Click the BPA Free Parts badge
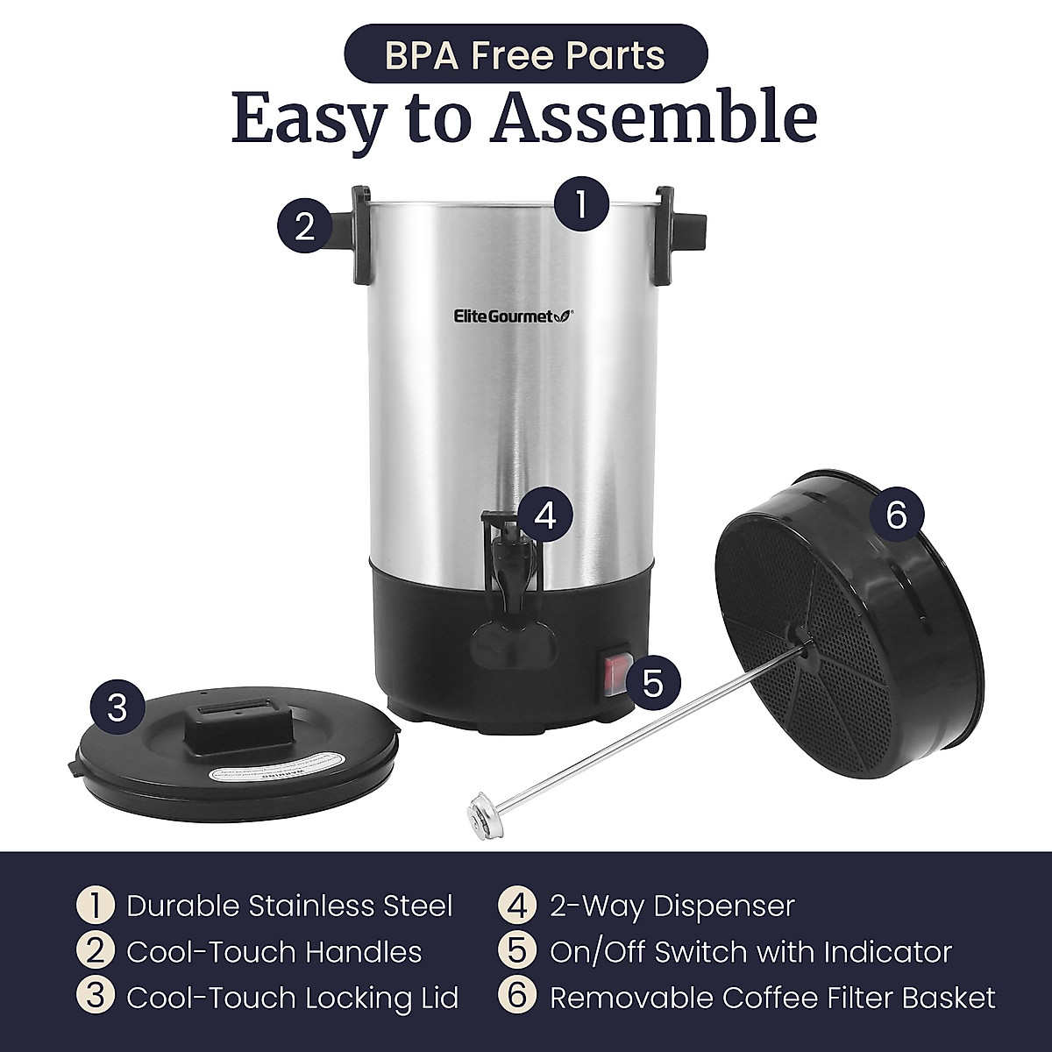click(x=524, y=53)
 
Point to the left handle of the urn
click(x=361, y=235)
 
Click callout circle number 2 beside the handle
click(x=304, y=226)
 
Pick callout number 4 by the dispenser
click(x=544, y=515)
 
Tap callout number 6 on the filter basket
click(x=895, y=515)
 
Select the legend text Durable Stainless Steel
click(x=289, y=906)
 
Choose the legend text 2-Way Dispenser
click(x=672, y=906)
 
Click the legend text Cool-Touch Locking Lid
click(x=292, y=998)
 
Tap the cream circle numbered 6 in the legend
click(x=517, y=998)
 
